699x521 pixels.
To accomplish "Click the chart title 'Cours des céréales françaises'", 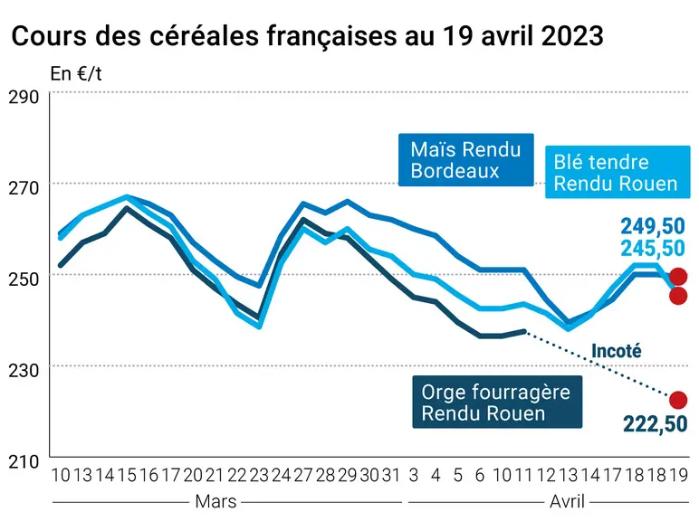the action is pos(204,36).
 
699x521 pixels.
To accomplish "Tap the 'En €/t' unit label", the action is pos(76,74).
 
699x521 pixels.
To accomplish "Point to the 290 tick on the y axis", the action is pos(24,97).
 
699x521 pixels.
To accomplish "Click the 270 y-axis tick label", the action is pos(24,188).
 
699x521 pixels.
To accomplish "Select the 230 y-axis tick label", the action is pos(24,370).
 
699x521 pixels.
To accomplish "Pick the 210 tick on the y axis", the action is pos(24,461).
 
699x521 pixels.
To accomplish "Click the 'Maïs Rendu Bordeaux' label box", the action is pos(466,160).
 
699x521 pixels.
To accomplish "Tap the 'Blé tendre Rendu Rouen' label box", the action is pos(618,173).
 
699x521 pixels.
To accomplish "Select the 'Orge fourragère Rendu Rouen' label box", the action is pos(497,403).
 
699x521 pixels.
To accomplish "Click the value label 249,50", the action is pos(653,227).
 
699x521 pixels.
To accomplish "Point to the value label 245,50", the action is pos(653,249).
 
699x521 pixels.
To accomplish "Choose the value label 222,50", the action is pos(655,424).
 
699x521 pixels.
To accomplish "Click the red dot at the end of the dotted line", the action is pos(678,400).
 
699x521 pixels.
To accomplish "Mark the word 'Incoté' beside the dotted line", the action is pos(616,351).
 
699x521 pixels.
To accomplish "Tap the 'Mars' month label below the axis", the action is pos(215,502).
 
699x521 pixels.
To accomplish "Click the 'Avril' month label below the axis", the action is pos(567,502).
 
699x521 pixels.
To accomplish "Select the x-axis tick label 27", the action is pos(303,476).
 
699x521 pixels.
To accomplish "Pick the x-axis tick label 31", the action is pos(391,476).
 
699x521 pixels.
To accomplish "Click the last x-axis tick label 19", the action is pos(679,476).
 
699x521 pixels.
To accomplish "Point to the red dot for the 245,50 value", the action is pos(678,296).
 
